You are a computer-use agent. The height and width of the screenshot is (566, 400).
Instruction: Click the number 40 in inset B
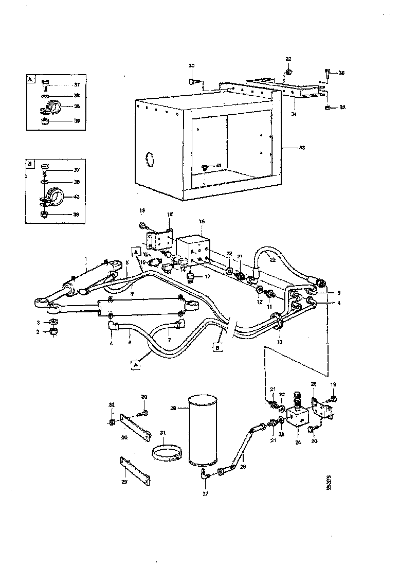(77, 197)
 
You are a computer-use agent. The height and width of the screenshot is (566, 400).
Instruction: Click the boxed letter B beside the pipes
(219, 347)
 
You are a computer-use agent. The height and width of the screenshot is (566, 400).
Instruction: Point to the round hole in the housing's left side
(149, 160)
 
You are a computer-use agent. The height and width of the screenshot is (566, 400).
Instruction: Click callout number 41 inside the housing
(219, 166)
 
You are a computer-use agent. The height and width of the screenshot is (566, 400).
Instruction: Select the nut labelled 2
(53, 332)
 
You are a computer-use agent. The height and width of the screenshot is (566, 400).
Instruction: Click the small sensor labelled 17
(192, 277)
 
